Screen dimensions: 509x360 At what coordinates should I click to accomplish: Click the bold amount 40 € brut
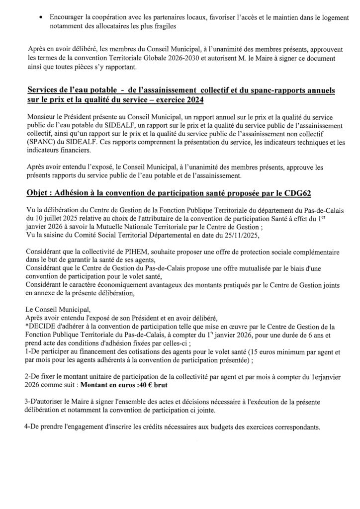[x=175, y=385]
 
